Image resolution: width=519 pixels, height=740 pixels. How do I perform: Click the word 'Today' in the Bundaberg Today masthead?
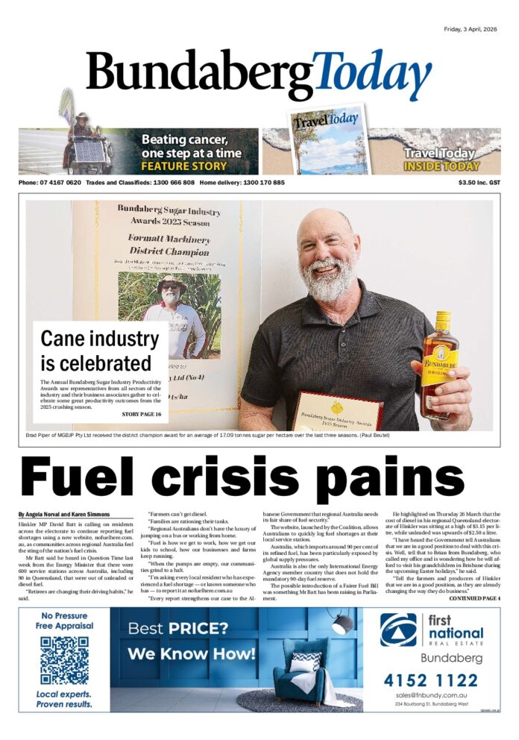point(372,76)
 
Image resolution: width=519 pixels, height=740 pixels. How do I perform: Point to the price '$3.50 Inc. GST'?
point(479,183)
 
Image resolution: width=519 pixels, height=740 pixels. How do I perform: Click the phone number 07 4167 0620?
point(60,183)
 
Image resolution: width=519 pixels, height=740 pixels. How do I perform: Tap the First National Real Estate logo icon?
point(398,629)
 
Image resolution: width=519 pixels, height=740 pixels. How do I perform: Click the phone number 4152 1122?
point(431,680)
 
